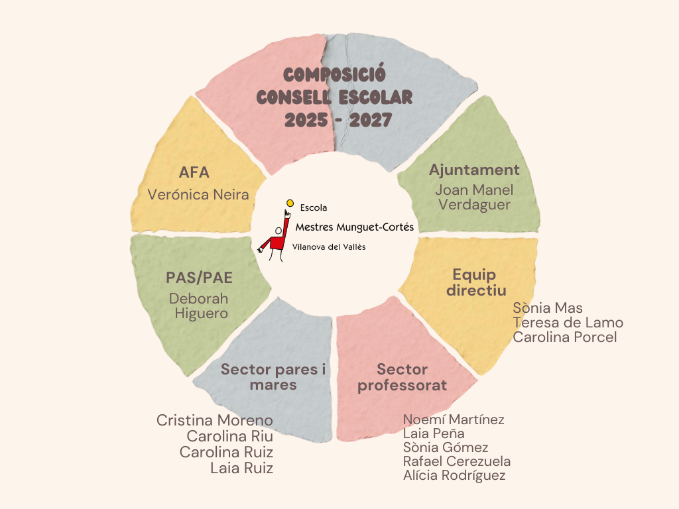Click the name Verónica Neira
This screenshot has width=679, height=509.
click(x=198, y=194)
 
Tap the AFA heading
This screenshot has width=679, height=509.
click(x=194, y=173)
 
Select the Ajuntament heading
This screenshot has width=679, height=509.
click(x=474, y=170)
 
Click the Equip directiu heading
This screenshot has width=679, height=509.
click(x=475, y=282)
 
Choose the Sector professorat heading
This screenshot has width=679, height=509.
click(x=402, y=377)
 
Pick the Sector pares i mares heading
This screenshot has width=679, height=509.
click(x=273, y=377)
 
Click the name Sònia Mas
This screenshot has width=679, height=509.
click(x=548, y=308)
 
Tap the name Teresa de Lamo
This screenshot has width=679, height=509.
click(x=568, y=323)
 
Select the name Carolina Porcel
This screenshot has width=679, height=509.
click(x=565, y=337)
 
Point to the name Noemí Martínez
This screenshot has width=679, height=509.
click(x=454, y=420)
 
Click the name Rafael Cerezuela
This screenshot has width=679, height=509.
click(x=457, y=461)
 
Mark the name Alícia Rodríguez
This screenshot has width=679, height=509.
click(x=454, y=476)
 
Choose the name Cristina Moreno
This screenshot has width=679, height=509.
click(x=215, y=420)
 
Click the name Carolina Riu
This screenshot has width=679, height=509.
click(x=229, y=436)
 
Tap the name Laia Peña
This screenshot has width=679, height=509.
click(x=434, y=433)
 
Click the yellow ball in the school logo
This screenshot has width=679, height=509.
click(x=290, y=203)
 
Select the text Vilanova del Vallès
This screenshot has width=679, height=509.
click(x=329, y=247)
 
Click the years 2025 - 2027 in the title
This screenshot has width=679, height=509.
click(x=338, y=120)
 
